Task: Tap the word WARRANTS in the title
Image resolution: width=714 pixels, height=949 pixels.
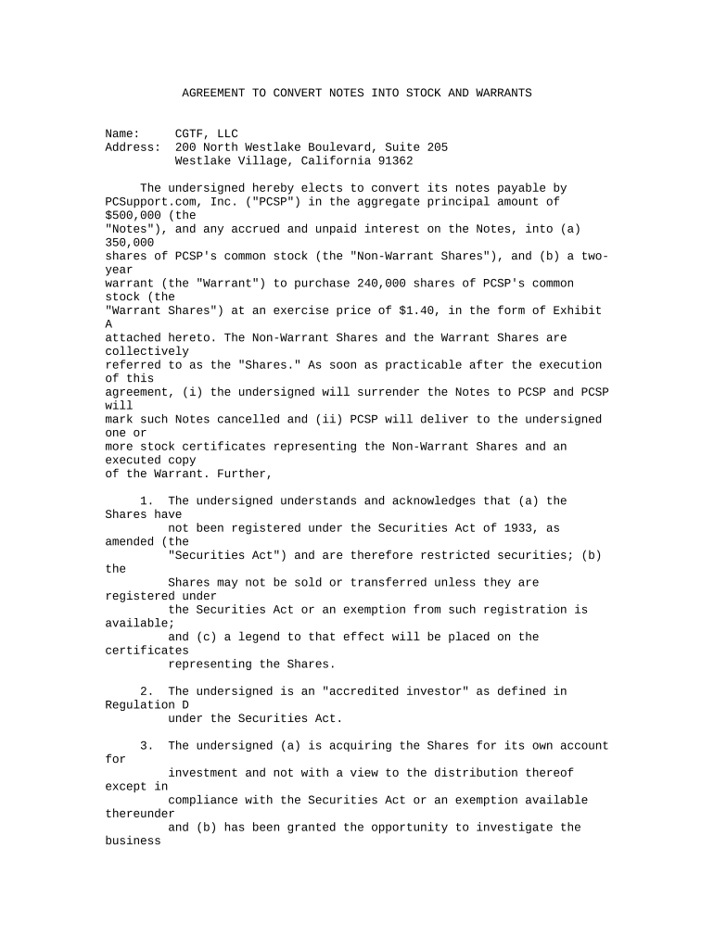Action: (x=501, y=94)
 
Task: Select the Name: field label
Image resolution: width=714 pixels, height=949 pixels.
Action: (x=123, y=134)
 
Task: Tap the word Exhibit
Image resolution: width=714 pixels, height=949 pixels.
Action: (x=578, y=310)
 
